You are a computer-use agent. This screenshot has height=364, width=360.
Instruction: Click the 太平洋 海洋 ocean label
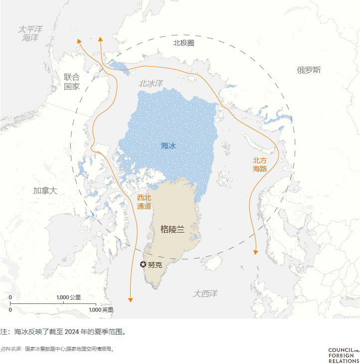[x=30, y=33]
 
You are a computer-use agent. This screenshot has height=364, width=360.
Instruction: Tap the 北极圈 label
[x=183, y=43]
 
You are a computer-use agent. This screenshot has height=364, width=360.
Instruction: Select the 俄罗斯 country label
[x=309, y=70]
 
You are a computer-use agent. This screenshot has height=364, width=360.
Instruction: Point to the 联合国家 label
[x=71, y=82]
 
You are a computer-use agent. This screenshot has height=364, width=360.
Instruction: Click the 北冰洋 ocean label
[x=151, y=84]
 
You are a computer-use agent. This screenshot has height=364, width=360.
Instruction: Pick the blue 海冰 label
[x=168, y=146]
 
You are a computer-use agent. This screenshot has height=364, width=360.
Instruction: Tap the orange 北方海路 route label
[x=259, y=164]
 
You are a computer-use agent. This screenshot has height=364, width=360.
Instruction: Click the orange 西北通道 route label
[x=144, y=202]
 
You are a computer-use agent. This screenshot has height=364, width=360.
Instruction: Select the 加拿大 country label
[x=45, y=191]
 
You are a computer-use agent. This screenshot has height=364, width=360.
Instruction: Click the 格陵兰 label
[x=173, y=229]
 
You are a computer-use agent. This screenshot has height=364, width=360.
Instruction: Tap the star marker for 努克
[x=143, y=264]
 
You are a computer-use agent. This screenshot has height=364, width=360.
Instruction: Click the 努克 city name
[x=155, y=265]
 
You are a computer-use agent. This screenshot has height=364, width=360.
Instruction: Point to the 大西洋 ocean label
[x=205, y=294]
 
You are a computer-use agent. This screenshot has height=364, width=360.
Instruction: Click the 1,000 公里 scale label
[x=69, y=298]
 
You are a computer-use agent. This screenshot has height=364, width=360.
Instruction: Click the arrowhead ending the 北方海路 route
[x=256, y=252]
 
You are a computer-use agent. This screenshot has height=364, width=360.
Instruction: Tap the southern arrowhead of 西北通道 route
[x=131, y=299]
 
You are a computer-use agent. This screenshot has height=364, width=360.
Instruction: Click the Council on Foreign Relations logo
[x=344, y=356]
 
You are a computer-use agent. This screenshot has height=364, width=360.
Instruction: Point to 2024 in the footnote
[x=72, y=332]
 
